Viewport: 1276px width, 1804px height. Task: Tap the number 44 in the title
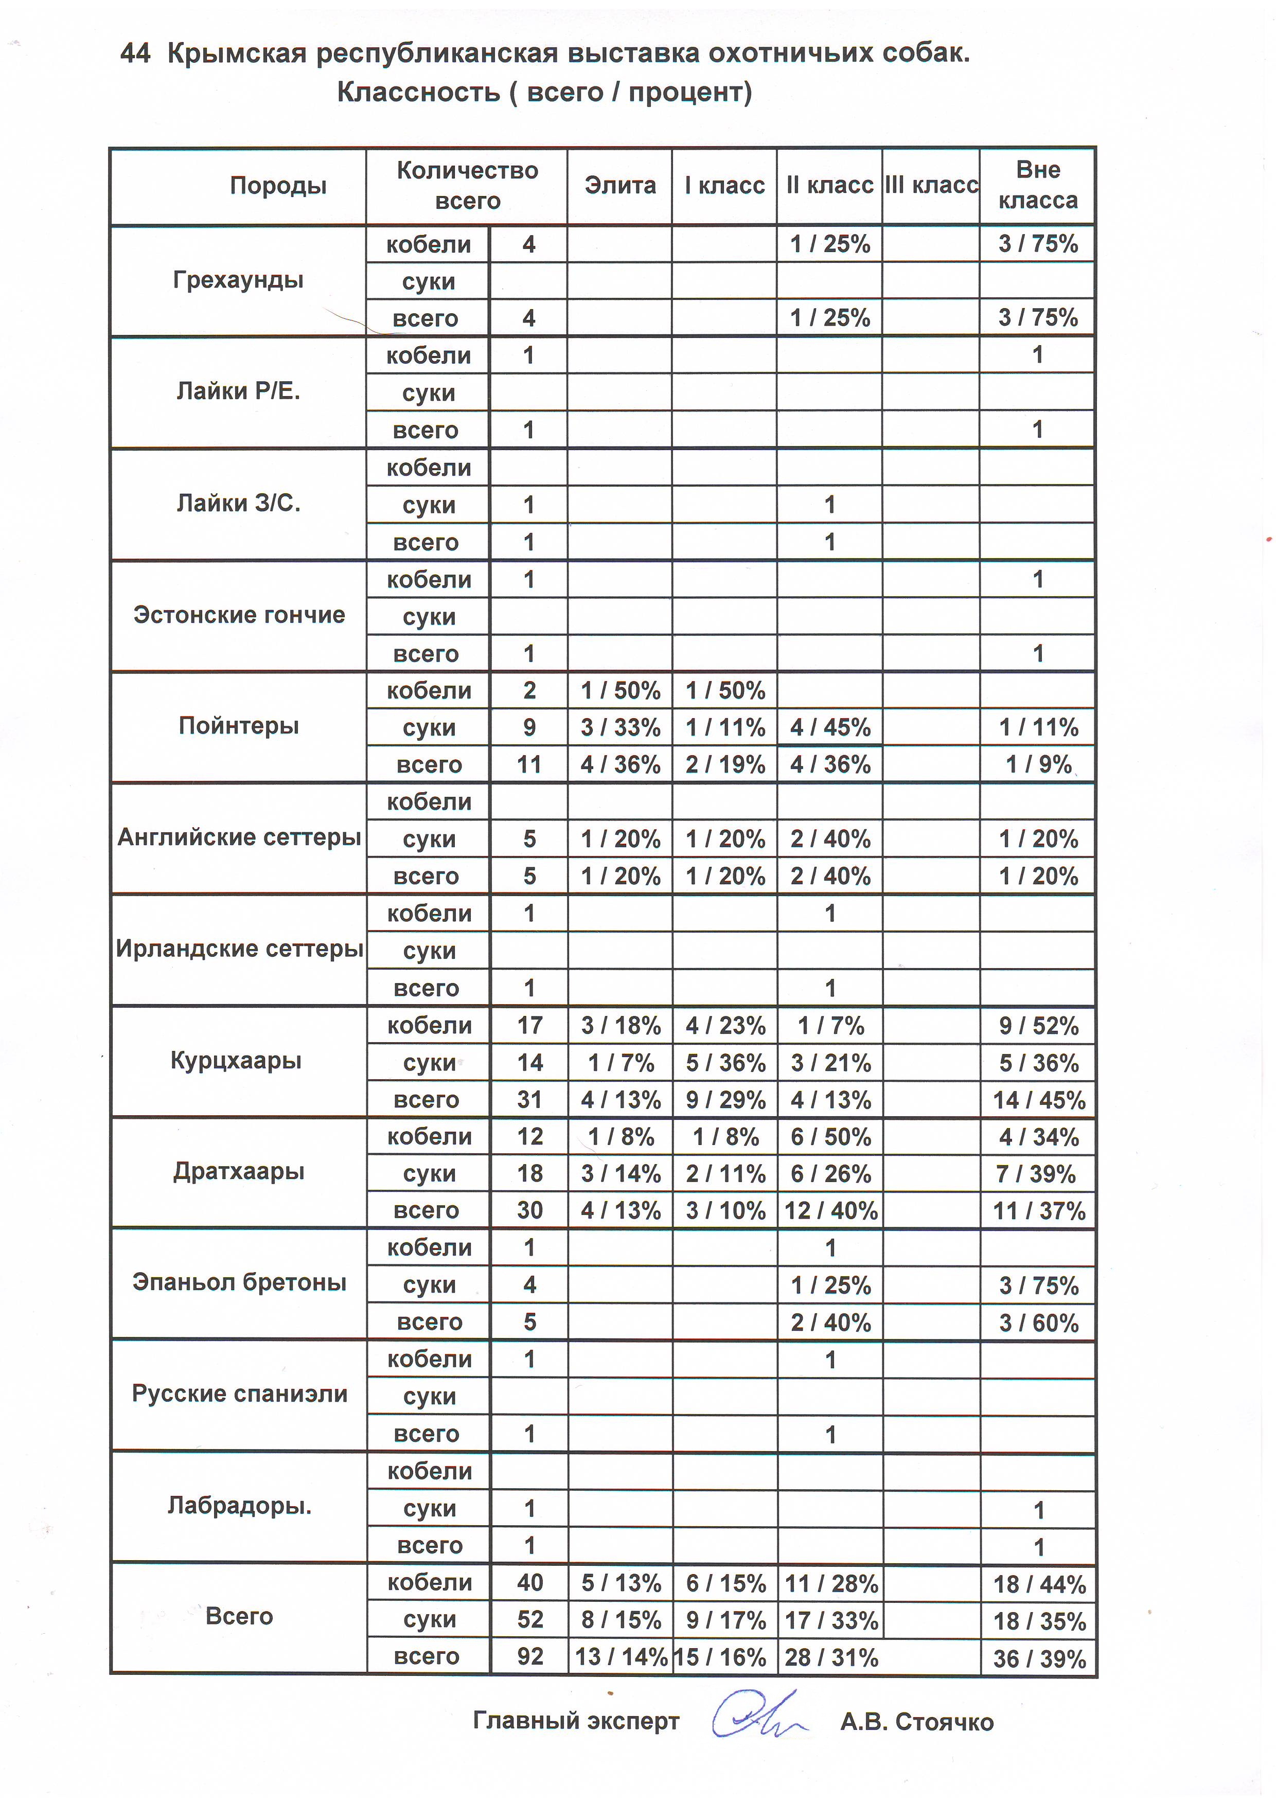click(135, 53)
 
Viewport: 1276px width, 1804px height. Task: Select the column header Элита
click(620, 185)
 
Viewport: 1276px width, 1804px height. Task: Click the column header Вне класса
click(1037, 185)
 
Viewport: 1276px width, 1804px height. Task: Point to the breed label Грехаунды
click(238, 280)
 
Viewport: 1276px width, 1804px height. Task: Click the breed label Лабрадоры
click(239, 1506)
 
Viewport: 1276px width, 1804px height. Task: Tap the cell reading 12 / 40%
click(830, 1211)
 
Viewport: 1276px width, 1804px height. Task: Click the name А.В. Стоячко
click(916, 1722)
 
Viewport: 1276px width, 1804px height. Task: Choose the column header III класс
click(931, 185)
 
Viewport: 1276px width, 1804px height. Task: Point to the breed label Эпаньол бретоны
click(239, 1282)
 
